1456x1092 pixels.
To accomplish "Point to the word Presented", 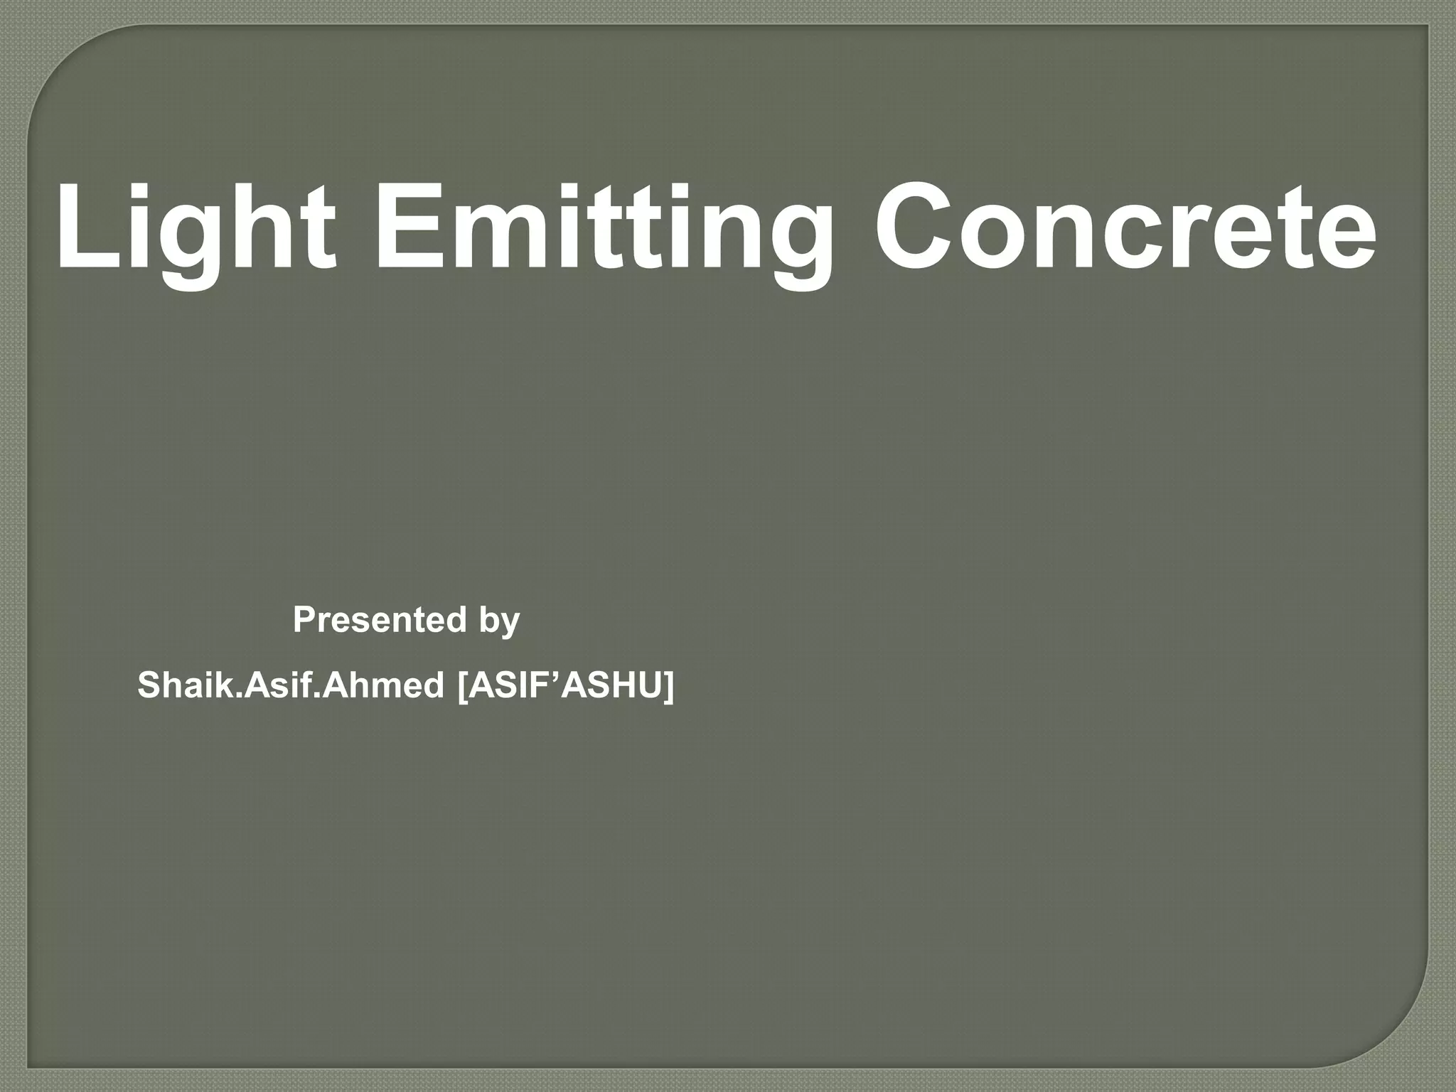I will [380, 620].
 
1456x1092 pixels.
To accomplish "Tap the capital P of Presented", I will [304, 620].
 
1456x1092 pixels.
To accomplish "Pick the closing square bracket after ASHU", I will [668, 687].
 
